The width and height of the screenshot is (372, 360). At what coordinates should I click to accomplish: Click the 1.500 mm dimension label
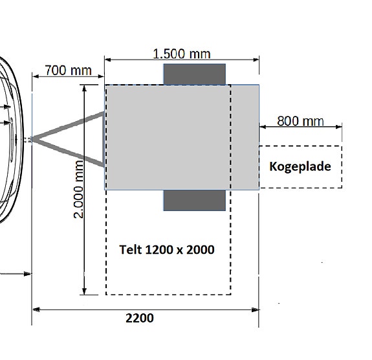182,54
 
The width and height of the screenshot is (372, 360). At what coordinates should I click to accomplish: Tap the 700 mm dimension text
69,71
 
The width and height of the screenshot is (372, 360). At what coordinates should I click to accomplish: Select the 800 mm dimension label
300,121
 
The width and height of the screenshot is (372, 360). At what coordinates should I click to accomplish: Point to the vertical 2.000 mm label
79,189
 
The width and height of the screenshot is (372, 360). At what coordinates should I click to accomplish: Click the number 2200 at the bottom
140,318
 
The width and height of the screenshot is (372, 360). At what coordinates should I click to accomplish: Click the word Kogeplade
300,166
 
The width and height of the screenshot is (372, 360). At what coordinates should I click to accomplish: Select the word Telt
131,249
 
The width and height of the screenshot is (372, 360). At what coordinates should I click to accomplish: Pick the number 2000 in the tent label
201,249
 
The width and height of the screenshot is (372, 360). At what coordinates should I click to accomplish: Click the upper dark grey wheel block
195,74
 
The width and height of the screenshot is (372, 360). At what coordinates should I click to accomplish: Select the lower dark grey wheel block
195,200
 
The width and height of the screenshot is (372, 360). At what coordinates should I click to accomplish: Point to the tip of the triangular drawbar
32,139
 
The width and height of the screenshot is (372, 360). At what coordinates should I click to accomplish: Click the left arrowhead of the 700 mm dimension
36,76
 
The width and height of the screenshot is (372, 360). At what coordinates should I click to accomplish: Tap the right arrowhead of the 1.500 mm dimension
256,60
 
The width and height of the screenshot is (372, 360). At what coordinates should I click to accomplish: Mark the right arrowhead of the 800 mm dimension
339,127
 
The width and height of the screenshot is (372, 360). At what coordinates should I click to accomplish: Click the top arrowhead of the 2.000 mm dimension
84,88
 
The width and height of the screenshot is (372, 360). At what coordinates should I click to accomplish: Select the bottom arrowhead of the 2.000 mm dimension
84,291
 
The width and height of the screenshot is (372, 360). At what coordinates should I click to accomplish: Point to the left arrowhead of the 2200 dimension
36,309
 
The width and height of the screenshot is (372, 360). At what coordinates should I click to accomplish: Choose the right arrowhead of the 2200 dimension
256,309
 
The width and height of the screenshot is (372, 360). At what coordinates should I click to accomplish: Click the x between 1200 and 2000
180,251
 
